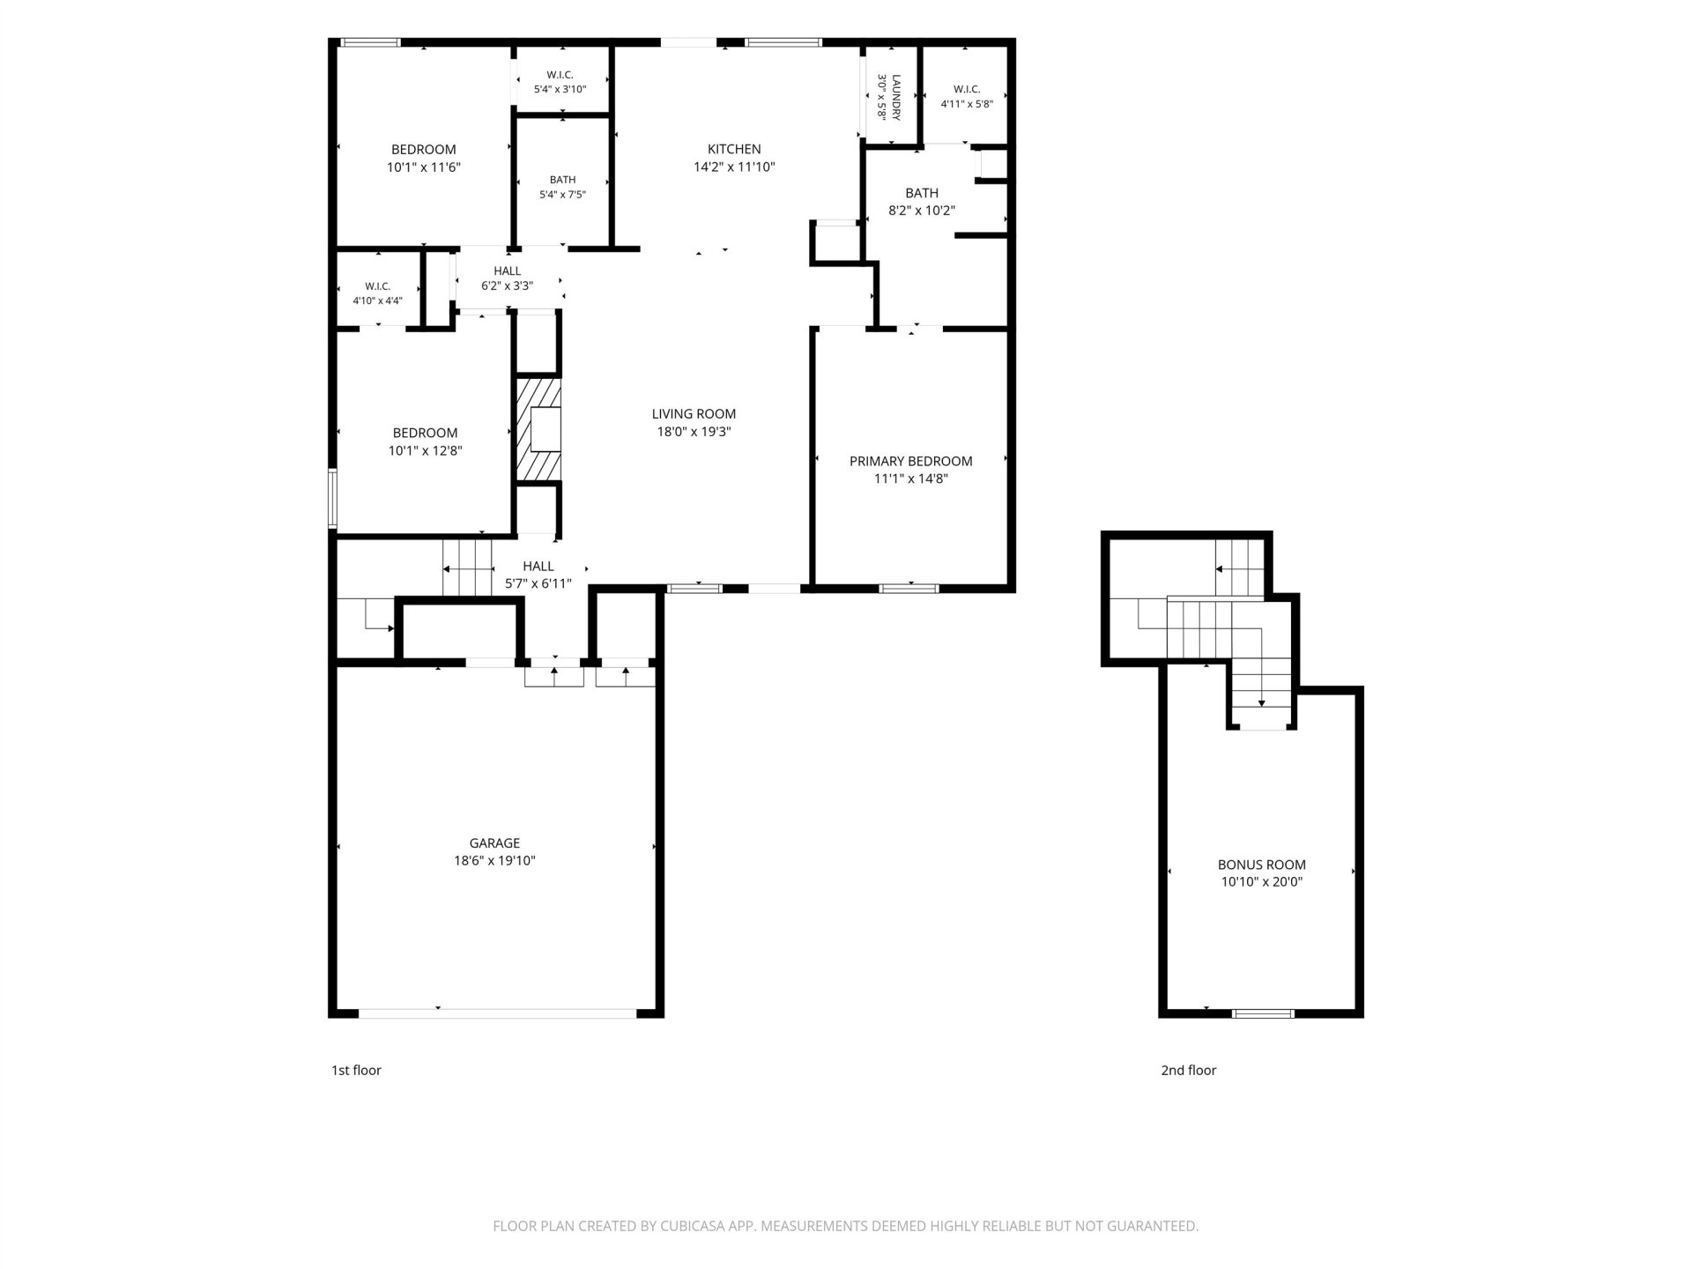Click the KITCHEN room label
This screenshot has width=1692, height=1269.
point(734,149)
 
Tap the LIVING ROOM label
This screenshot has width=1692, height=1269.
point(694,413)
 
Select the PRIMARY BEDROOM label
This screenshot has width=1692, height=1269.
point(910,461)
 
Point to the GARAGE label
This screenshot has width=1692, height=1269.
point(494,843)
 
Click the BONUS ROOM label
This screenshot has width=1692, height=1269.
point(1262,865)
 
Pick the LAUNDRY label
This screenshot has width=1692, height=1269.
point(896,97)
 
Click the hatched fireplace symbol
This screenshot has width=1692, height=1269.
point(538,430)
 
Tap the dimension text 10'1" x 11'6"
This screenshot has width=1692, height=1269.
point(424,167)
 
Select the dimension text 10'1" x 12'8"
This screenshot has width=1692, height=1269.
point(426,450)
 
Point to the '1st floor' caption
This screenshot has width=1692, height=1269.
point(356,1070)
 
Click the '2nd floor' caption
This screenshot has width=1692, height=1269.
point(1189,1070)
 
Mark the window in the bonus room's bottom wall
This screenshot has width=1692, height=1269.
point(1263,1013)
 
